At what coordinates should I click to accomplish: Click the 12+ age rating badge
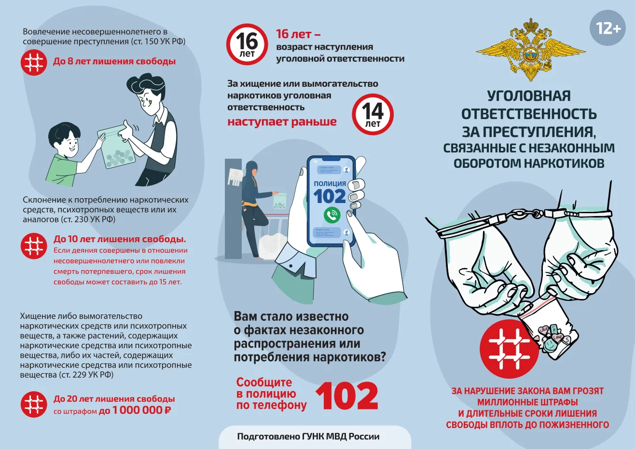click(607, 28)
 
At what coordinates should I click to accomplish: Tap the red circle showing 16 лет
click(247, 44)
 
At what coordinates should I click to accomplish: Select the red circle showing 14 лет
click(373, 114)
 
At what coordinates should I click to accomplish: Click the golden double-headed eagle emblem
click(530, 50)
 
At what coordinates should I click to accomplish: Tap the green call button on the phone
click(332, 215)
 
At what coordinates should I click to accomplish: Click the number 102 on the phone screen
click(330, 196)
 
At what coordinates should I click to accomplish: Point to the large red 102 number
click(347, 396)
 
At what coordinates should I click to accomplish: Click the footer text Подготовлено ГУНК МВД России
click(308, 436)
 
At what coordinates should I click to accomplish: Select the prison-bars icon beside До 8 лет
click(34, 62)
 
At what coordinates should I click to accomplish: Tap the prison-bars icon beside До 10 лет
click(34, 246)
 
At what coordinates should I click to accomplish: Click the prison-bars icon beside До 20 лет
click(34, 404)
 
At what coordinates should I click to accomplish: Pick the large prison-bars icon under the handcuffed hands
click(509, 349)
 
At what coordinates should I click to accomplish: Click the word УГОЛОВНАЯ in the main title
click(529, 96)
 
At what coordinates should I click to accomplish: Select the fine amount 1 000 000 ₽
click(141, 410)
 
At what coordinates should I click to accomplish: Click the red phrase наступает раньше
click(282, 122)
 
